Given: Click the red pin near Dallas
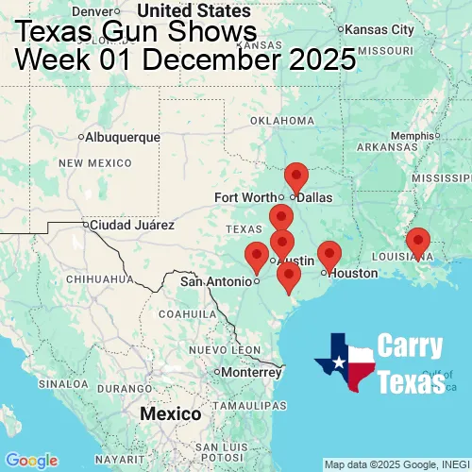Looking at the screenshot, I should (296, 177).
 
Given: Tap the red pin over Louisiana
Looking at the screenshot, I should (418, 242).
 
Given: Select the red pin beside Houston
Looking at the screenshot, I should (329, 254).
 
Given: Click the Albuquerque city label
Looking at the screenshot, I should (123, 137).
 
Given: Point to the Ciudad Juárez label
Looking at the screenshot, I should (132, 226).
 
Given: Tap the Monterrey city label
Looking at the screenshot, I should (253, 372).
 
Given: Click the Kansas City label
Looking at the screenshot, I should (381, 29).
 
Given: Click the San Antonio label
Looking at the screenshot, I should (217, 280).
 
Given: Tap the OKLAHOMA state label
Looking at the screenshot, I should (280, 121).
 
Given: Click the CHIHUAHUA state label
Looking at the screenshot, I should (93, 279).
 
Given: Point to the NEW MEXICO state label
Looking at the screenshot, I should (93, 163).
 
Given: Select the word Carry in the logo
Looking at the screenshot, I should (411, 346).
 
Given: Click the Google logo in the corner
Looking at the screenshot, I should (31, 460).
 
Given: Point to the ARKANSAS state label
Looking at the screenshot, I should (387, 147).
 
